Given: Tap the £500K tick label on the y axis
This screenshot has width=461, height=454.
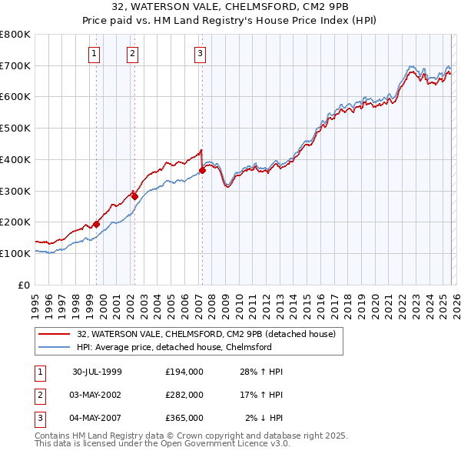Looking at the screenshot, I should pos(15,128).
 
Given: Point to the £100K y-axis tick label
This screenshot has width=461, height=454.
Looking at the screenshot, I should pos(15,253).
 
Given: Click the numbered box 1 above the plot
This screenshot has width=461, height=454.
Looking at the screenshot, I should pos(94,54).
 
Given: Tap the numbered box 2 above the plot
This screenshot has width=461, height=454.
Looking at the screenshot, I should pos(132,54).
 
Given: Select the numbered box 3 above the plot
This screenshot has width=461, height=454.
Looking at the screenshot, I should pos(199,54).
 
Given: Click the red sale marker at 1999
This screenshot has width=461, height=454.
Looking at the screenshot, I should pos(97,224).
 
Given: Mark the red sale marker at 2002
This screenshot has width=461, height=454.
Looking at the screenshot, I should pos(134,196).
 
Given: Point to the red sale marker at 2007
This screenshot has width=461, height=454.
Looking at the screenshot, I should pos(202,170).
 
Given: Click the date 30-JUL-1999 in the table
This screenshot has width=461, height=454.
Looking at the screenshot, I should pos(98,372).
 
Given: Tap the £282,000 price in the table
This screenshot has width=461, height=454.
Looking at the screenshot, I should pos(184,395).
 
